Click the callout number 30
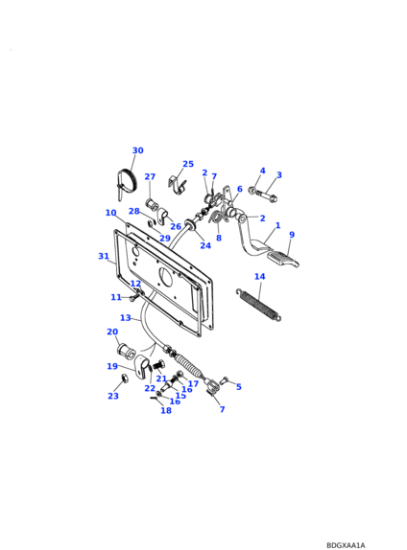pyautogui.click(x=138, y=150)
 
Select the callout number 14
pyautogui.click(x=260, y=276)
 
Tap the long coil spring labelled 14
pyautogui.click(x=258, y=305)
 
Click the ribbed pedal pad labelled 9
pyautogui.click(x=283, y=259)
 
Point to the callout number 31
pyautogui.click(x=104, y=256)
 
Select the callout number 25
pyautogui.click(x=188, y=164)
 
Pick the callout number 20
pyautogui.click(x=112, y=332)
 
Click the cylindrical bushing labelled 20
pyautogui.click(x=126, y=351)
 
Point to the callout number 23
pyautogui.click(x=113, y=396)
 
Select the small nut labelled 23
pyautogui.click(x=124, y=378)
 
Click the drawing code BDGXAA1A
pyautogui.click(x=346, y=545)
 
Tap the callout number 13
pyautogui.click(x=126, y=318)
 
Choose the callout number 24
pyautogui.click(x=205, y=245)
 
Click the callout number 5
pyautogui.click(x=239, y=387)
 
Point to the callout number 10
pyautogui.click(x=110, y=213)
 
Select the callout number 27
pyautogui.click(x=150, y=176)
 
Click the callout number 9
pyautogui.click(x=292, y=235)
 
